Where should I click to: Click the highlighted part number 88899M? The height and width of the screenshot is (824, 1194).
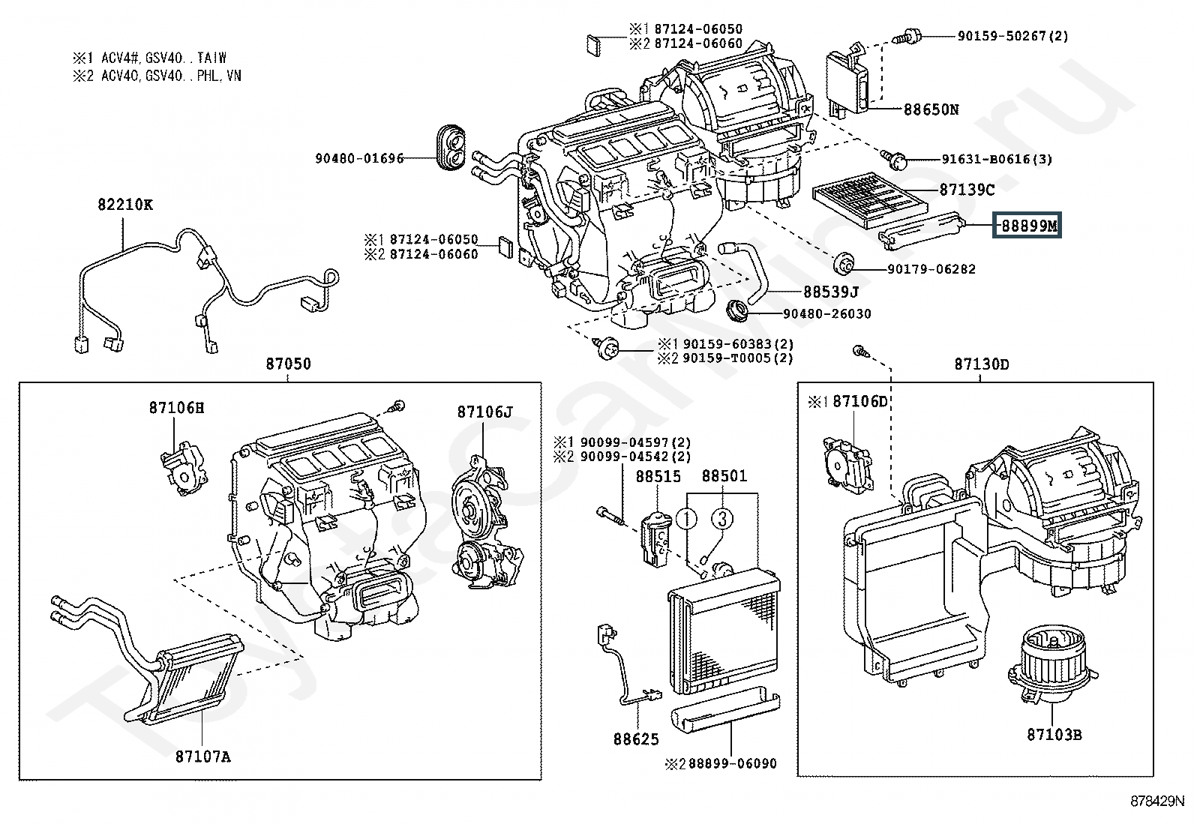1027,225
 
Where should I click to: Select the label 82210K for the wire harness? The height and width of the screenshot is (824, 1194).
124,204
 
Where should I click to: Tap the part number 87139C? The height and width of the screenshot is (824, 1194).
966,190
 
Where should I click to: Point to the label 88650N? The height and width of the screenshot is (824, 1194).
931,109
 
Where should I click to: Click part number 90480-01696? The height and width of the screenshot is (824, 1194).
359,158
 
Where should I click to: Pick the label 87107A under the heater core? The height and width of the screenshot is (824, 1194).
203,757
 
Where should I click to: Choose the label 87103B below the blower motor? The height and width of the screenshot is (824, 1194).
1054,735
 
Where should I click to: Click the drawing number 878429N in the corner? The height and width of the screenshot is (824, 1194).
1157,802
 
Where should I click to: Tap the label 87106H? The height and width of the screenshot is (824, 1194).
176,408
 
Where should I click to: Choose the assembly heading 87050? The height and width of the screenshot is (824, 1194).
288,364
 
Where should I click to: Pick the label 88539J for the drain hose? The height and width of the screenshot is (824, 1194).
830,291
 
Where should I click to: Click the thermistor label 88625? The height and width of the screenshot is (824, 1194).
636,739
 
